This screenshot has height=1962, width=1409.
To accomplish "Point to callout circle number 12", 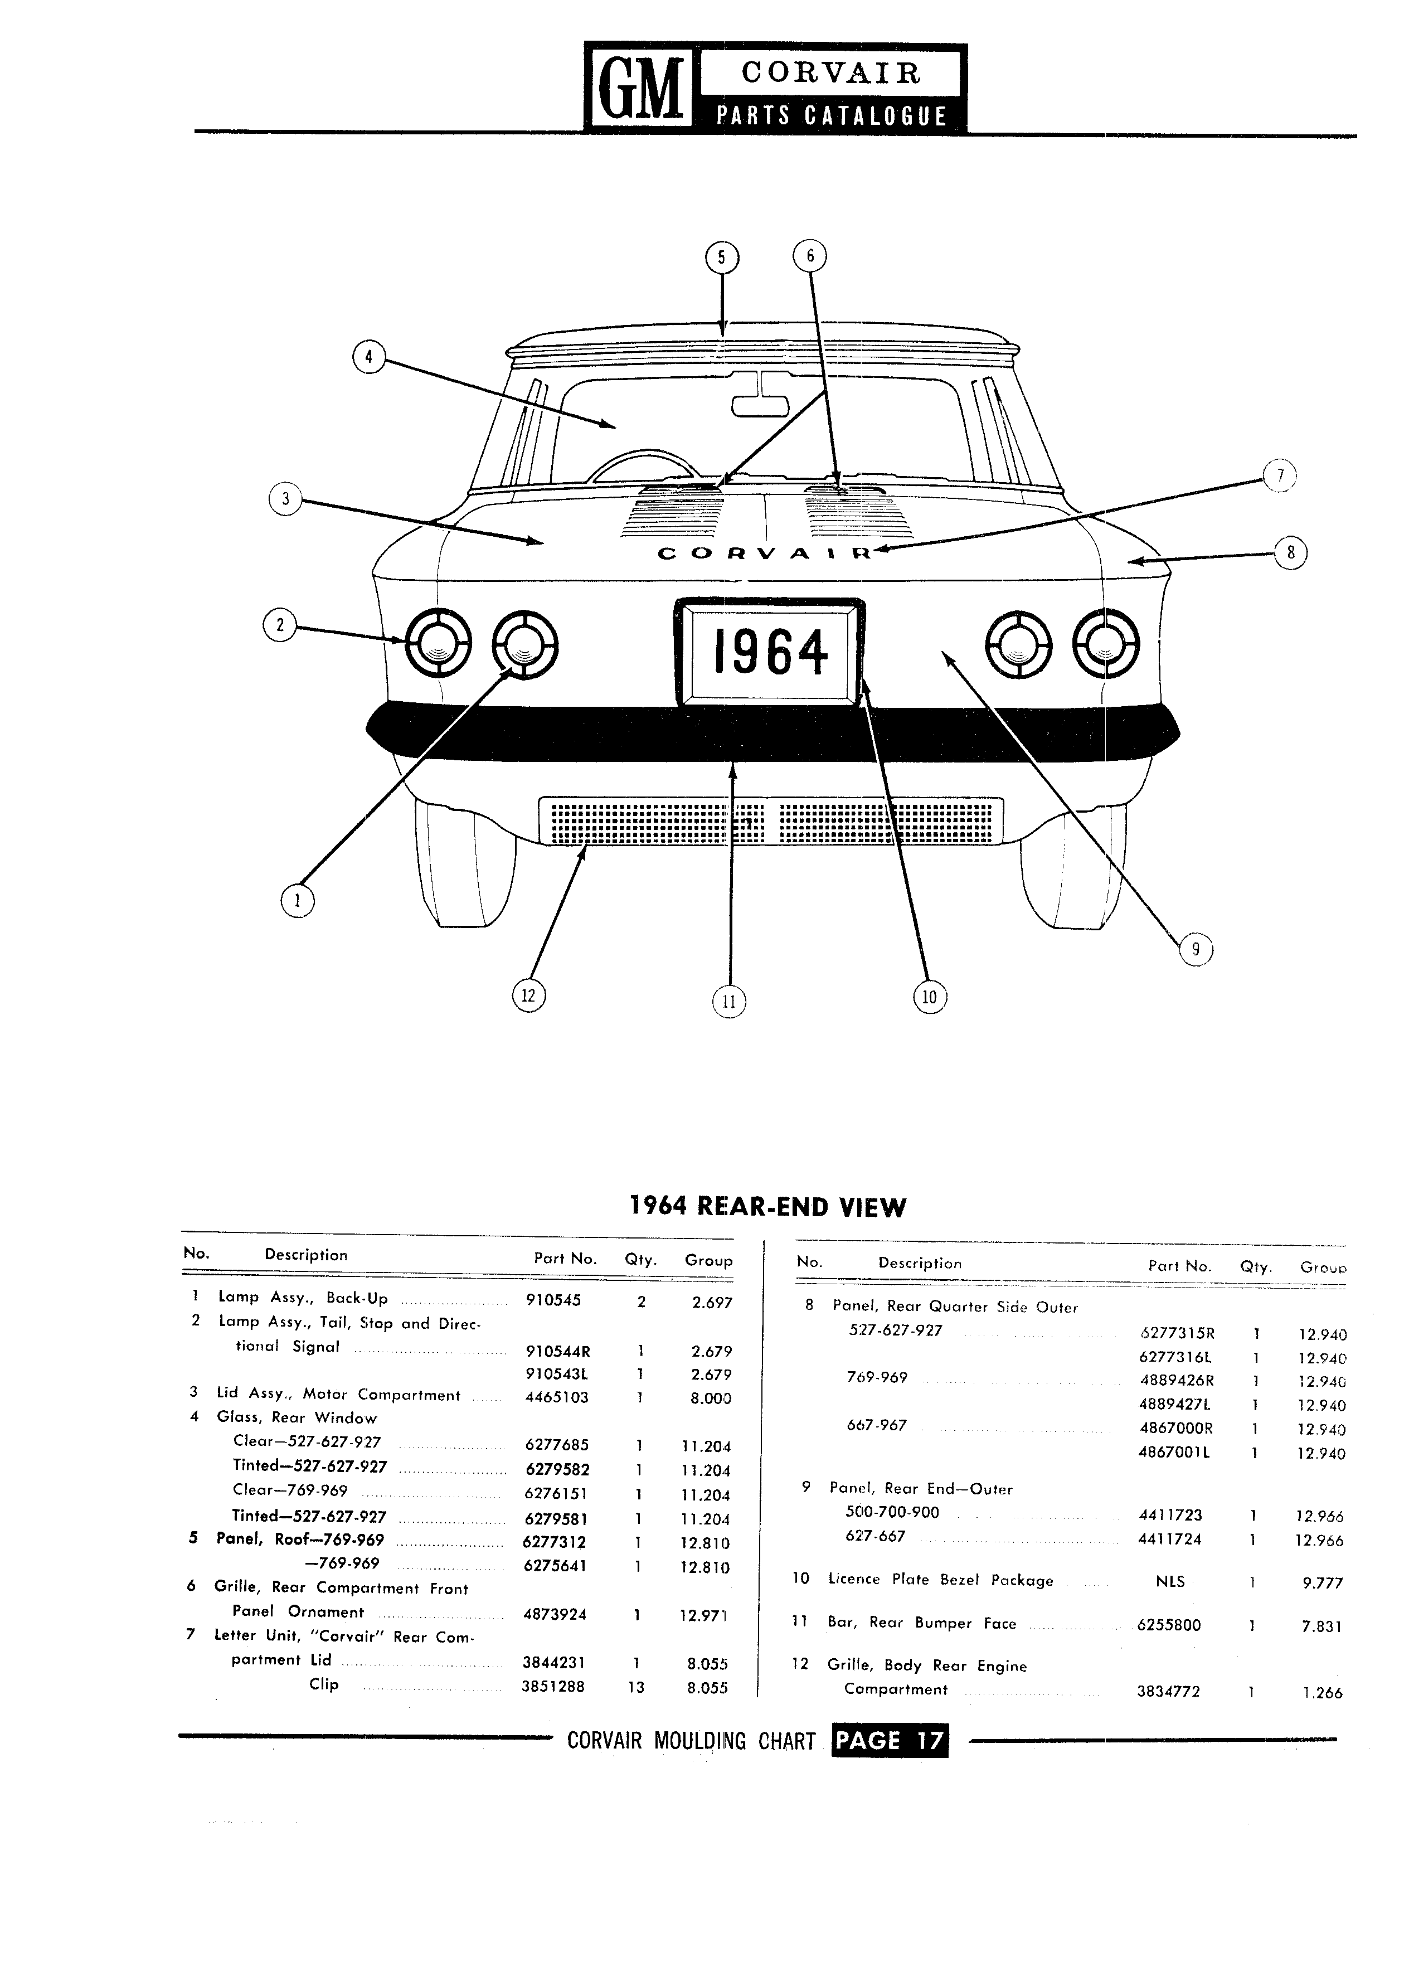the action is click(528, 995).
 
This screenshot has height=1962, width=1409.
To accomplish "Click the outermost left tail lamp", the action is click(438, 644).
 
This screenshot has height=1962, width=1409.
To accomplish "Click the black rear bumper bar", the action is click(772, 733).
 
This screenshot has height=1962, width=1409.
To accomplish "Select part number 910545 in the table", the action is click(553, 1300).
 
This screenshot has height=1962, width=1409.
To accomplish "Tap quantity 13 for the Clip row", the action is click(637, 1686).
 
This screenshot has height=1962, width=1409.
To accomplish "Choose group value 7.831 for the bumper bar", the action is click(1321, 1626).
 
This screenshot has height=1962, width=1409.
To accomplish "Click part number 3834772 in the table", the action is click(1169, 1691).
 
